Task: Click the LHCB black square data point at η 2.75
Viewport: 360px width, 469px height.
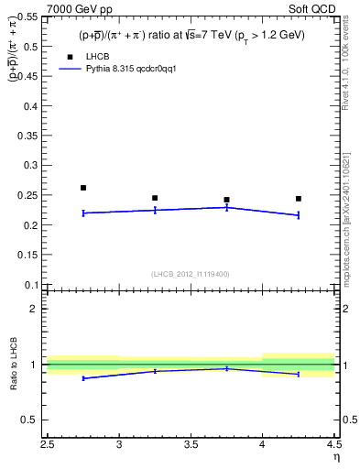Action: coord(83,188)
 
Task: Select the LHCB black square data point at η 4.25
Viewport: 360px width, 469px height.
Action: coord(299,199)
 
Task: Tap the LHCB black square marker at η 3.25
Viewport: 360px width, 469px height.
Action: coord(155,198)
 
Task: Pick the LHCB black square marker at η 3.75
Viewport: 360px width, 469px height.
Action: coord(226,200)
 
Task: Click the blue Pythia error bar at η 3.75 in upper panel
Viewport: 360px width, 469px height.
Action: coord(227,208)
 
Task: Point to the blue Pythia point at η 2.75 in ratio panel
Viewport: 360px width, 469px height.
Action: coord(83,378)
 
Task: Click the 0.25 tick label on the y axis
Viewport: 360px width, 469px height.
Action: coord(29,195)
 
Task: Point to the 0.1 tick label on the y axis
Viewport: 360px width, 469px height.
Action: coord(32,284)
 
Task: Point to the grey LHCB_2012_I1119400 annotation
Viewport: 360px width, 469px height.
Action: coord(190,273)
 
